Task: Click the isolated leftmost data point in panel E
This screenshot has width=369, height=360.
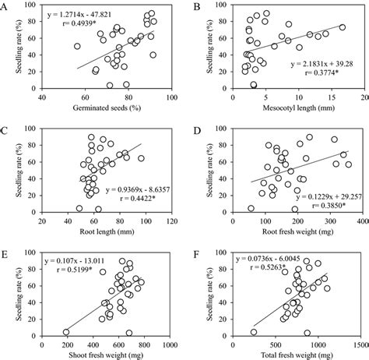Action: tap(66, 331)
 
